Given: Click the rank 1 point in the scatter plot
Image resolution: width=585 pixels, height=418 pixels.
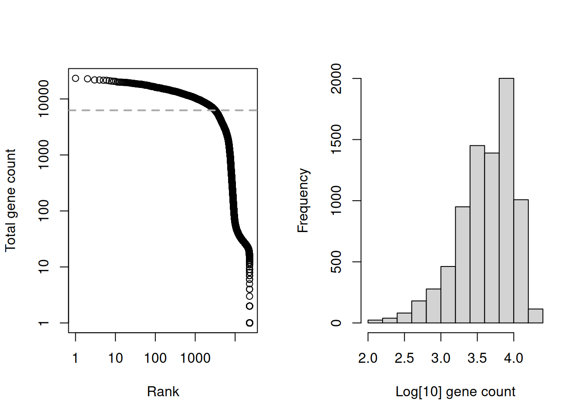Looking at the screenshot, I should point(75,78).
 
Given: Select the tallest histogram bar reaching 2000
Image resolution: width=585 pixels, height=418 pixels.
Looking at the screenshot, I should point(506,200).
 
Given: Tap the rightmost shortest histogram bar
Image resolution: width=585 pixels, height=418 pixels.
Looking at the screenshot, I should point(535,316).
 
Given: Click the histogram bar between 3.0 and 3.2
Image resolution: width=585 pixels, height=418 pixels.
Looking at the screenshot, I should point(448,295).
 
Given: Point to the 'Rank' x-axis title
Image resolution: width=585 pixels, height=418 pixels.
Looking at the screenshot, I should point(163,391).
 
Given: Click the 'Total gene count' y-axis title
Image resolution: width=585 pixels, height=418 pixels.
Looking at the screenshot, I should point(10,200).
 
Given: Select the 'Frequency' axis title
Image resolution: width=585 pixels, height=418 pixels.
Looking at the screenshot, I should point(303,200).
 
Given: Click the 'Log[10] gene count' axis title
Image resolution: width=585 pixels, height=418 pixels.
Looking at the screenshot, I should point(455,391).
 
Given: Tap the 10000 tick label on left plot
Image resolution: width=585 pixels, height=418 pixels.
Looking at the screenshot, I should point(44,98).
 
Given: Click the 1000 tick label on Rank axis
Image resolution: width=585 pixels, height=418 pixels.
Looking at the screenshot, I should point(195,358).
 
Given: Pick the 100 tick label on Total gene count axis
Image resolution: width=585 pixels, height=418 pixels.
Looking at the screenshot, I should point(44,211).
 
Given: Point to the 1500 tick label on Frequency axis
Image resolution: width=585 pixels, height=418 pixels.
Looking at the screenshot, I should point(336,139).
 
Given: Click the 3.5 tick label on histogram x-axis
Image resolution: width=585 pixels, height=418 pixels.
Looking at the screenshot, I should point(477,358).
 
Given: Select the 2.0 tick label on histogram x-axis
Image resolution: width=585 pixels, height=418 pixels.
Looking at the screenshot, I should point(368,358).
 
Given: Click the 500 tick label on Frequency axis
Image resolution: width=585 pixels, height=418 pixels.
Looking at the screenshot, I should point(336,262).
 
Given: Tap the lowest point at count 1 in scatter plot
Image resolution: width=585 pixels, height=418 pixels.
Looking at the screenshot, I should point(249,323).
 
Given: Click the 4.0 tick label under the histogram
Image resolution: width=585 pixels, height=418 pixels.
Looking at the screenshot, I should point(514,358).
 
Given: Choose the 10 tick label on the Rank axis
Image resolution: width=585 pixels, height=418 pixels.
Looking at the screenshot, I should point(115,358).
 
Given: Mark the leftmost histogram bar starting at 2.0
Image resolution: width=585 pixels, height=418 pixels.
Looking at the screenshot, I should point(375,321).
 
